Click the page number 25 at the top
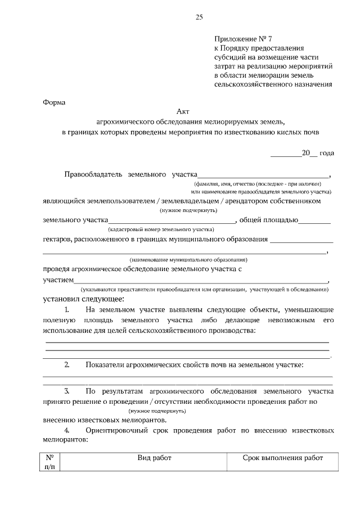(199, 18)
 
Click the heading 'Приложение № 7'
(242, 39)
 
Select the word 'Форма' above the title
(54, 103)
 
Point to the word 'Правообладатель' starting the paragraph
(93, 175)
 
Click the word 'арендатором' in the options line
(250, 200)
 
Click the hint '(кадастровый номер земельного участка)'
(161, 229)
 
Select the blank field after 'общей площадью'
(315, 221)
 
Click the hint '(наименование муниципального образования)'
(188, 260)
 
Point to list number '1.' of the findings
(67, 310)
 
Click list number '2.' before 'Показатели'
(67, 365)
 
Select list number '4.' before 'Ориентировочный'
(67, 431)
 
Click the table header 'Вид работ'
(154, 458)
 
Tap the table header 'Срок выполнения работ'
(283, 458)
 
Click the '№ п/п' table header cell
(49, 462)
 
